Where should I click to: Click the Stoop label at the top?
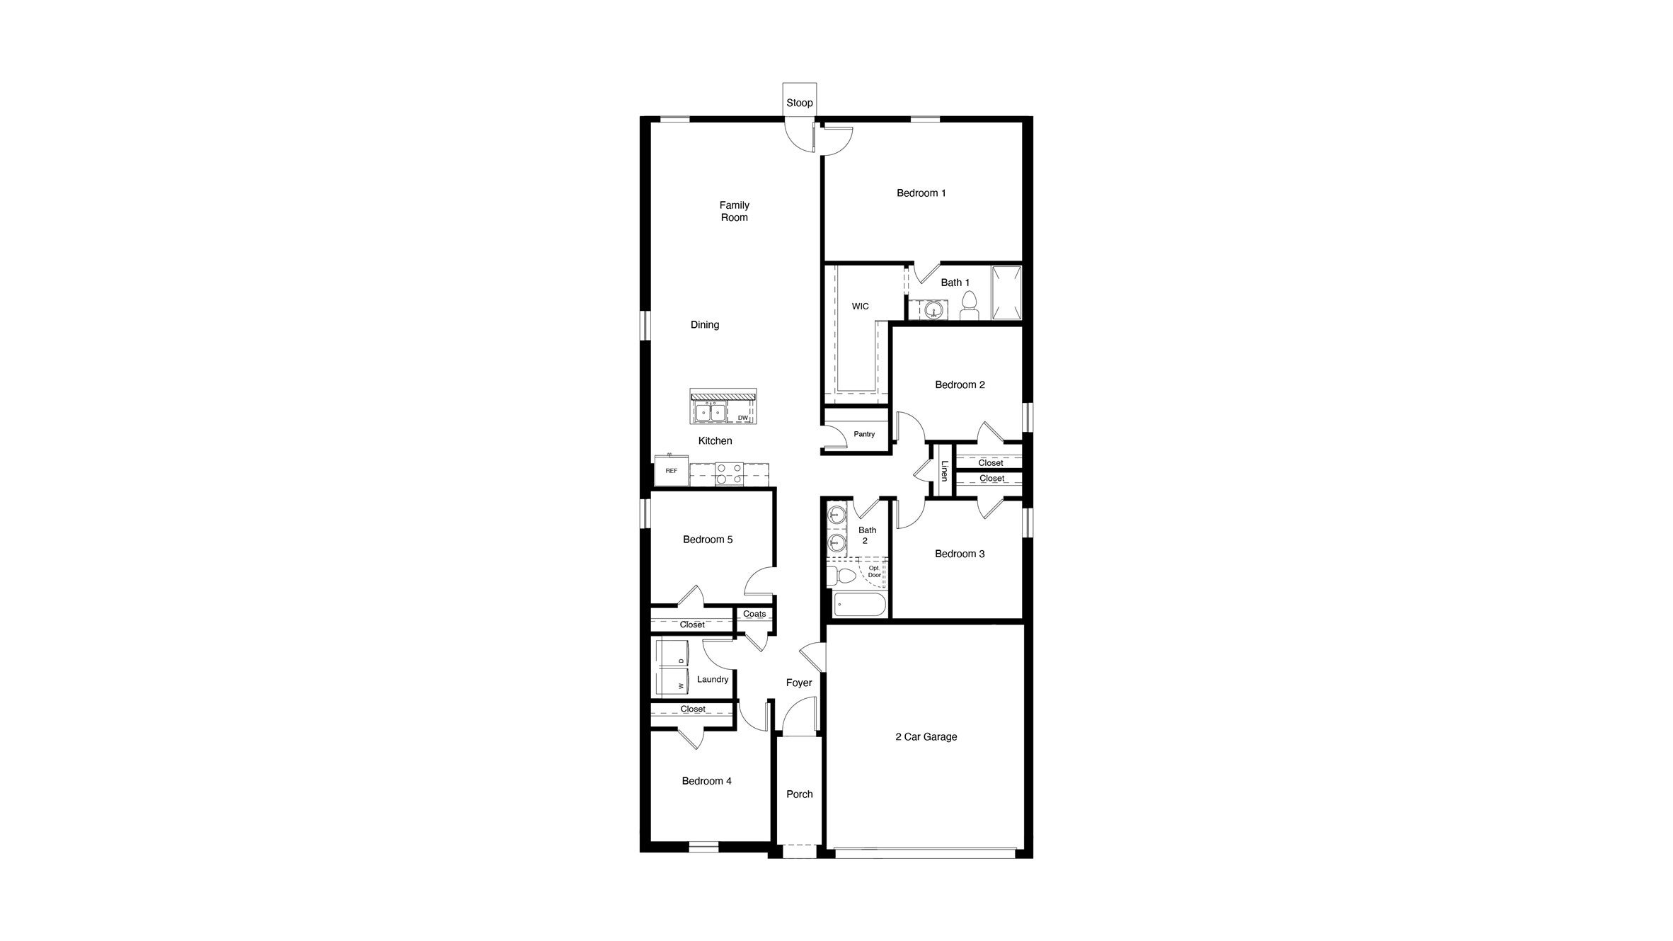point(799,103)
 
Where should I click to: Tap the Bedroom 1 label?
point(921,193)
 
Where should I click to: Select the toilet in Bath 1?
point(969,307)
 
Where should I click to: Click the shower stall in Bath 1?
point(1006,292)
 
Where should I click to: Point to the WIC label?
point(860,307)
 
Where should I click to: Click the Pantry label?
point(863,434)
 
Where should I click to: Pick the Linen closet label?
point(943,471)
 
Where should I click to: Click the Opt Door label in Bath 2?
point(875,571)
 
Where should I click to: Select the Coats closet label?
point(754,614)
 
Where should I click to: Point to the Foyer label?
point(799,683)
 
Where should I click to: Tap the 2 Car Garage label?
point(926,736)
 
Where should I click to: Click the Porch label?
point(799,794)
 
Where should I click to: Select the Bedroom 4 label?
point(706,781)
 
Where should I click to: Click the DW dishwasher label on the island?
point(742,418)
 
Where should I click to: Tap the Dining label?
point(704,324)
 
